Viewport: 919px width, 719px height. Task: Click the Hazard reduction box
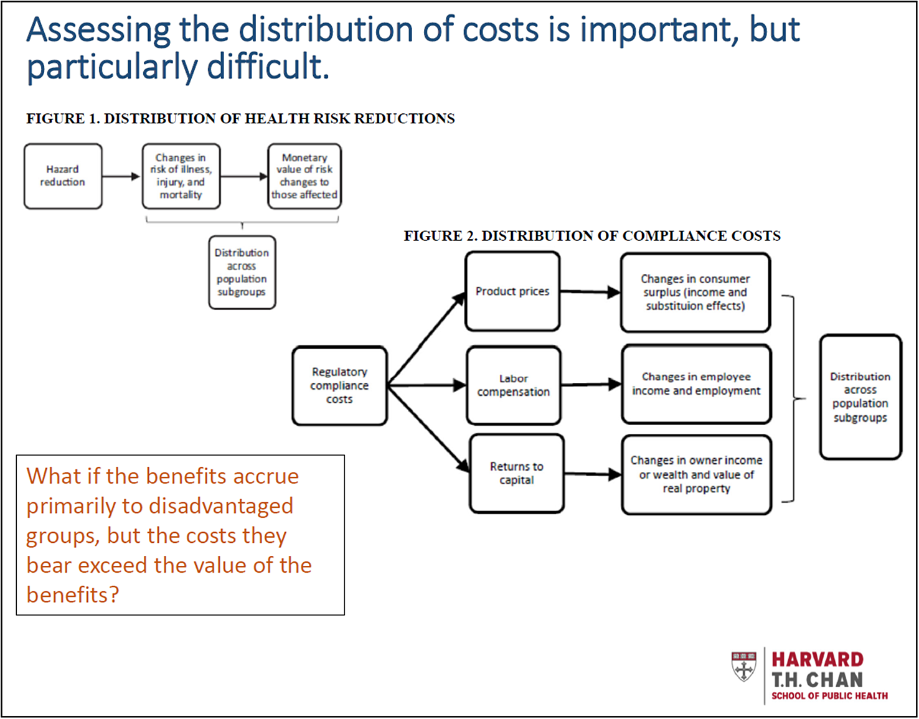pyautogui.click(x=63, y=176)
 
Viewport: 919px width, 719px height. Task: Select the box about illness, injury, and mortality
pyautogui.click(x=181, y=176)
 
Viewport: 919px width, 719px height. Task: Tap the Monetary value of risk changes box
pyautogui.click(x=304, y=176)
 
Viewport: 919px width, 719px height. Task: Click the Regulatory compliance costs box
pyautogui.click(x=339, y=385)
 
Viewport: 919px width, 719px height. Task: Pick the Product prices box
pyautogui.click(x=512, y=291)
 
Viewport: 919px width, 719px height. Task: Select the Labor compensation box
pyautogui.click(x=514, y=385)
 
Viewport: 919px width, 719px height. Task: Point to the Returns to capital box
pyautogui.click(x=517, y=473)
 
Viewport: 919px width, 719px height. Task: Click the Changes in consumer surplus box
pyautogui.click(x=695, y=293)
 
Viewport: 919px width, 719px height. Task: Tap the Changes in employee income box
pyautogui.click(x=697, y=384)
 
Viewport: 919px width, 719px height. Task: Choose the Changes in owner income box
pyautogui.click(x=697, y=475)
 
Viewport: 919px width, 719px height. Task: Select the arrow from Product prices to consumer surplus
pyautogui.click(x=590, y=292)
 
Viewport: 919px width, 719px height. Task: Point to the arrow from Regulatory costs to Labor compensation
pyautogui.click(x=427, y=385)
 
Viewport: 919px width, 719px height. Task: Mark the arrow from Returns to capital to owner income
pyautogui.click(x=593, y=474)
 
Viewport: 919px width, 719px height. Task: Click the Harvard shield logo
pyautogui.click(x=744, y=667)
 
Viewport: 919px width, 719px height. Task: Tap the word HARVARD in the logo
pyautogui.click(x=818, y=660)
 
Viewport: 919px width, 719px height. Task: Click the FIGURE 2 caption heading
pyautogui.click(x=592, y=236)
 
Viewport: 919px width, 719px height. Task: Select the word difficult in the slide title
pyautogui.click(x=268, y=67)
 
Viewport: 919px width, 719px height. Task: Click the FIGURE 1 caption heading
pyautogui.click(x=240, y=118)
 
